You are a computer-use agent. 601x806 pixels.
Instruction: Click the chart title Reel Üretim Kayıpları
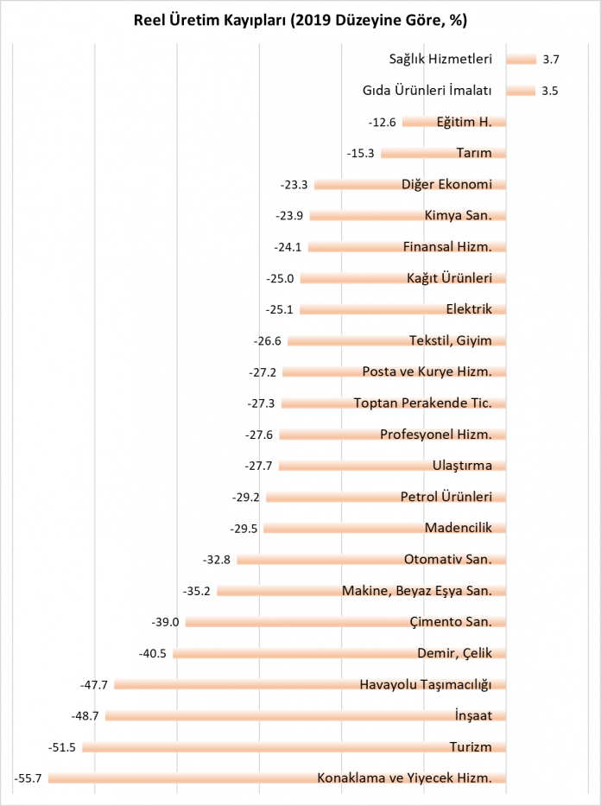[300, 20]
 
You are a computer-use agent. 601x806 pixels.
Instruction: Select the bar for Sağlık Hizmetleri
[521, 60]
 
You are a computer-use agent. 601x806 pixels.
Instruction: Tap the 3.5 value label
[550, 91]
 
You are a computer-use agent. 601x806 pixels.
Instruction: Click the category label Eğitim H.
[464, 122]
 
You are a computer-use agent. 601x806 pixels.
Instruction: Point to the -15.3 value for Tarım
[360, 154]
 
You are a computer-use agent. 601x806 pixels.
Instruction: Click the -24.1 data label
[288, 247]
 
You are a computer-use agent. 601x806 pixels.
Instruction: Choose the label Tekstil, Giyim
[450, 340]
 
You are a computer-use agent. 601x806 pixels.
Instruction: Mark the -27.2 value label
[262, 372]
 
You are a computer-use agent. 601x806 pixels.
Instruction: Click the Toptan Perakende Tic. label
[422, 403]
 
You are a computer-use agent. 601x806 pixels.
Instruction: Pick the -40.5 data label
[153, 654]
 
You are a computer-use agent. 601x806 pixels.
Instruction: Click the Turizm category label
[471, 746]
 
